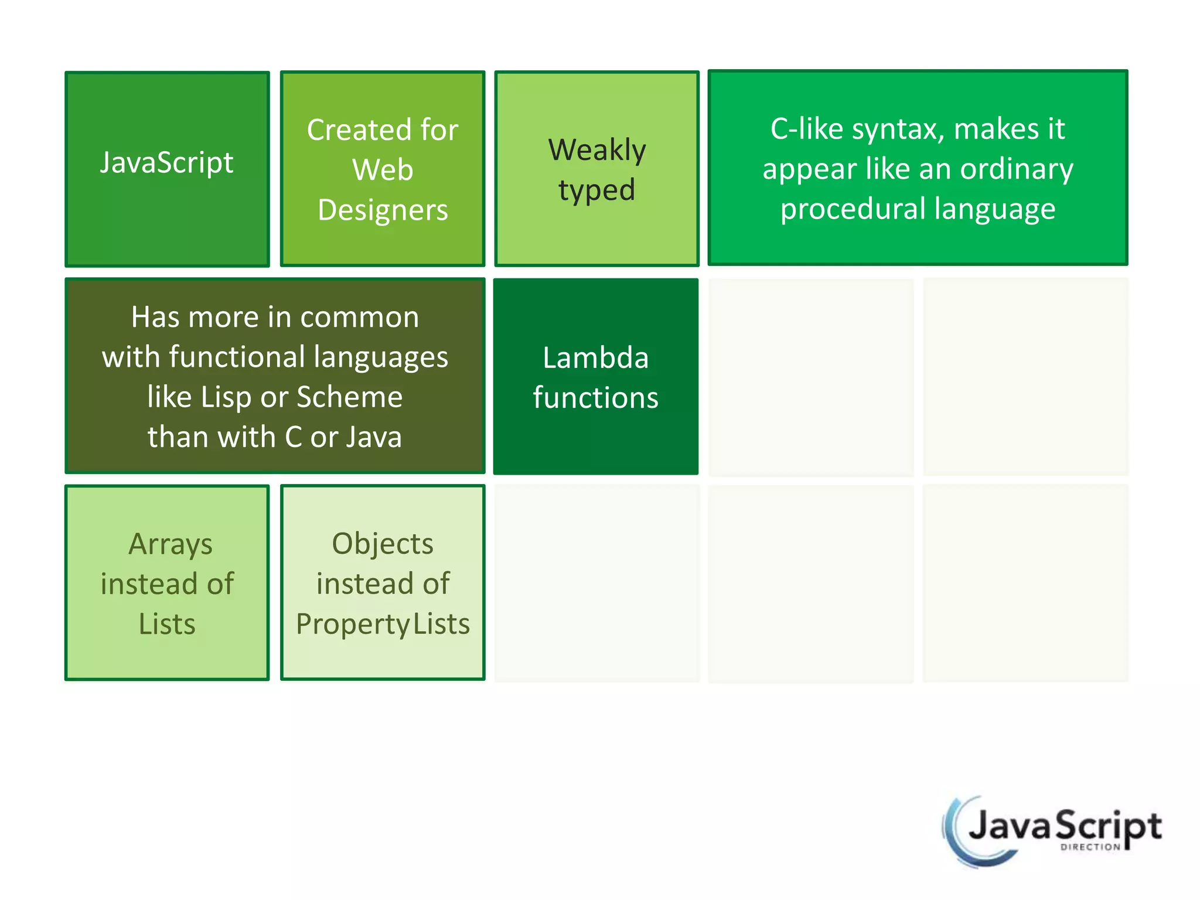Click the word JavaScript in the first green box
(x=166, y=162)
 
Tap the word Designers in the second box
(x=383, y=210)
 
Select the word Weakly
(x=597, y=150)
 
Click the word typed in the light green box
(x=596, y=190)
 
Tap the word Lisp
(x=226, y=397)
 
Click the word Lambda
(x=595, y=358)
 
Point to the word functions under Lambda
(x=595, y=398)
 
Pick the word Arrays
(x=170, y=545)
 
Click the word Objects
(x=383, y=544)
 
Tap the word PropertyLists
(x=383, y=624)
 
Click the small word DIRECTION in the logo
(x=1090, y=847)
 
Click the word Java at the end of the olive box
(x=373, y=437)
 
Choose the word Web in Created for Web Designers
(x=383, y=170)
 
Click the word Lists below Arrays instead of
(x=167, y=624)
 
